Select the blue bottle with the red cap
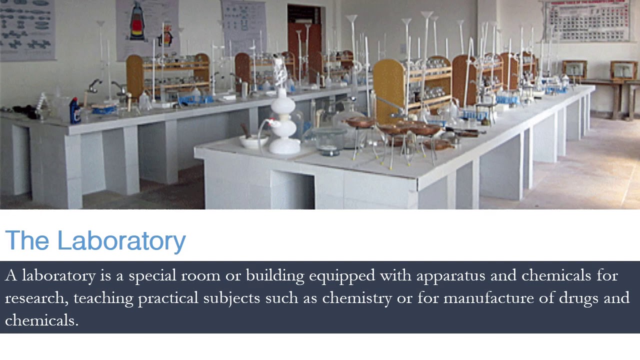(x=75, y=110)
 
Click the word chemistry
(x=357, y=298)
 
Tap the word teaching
(x=103, y=298)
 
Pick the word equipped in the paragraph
(x=341, y=275)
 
